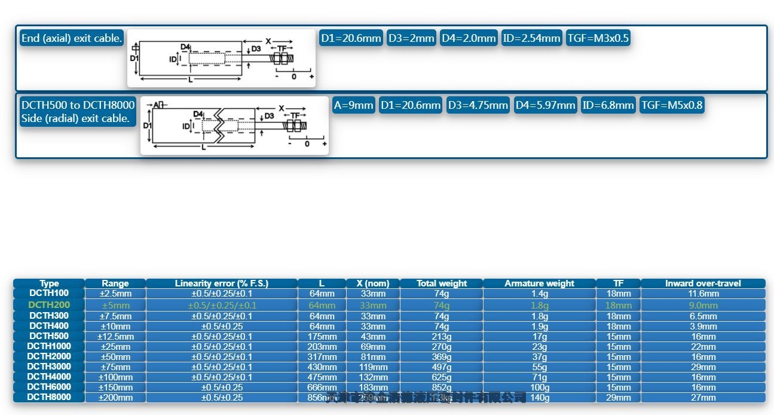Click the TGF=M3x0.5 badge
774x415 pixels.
[x=598, y=38]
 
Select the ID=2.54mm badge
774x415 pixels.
[x=531, y=38]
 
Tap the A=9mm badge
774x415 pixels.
[x=354, y=105]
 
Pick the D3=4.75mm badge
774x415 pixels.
[x=477, y=105]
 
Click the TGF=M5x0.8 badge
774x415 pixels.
[x=672, y=105]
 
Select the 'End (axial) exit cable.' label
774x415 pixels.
[x=72, y=38]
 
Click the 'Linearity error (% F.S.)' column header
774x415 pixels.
[x=221, y=283]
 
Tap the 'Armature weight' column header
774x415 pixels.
[x=539, y=283]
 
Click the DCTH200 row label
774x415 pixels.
[x=49, y=305]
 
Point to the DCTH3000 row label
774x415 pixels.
[x=49, y=367]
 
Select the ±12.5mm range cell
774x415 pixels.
[x=115, y=337]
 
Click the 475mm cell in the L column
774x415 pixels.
[x=322, y=377]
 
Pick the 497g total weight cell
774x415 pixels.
[x=441, y=367]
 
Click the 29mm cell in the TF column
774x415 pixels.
[x=618, y=398]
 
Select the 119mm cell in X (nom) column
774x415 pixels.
[x=373, y=367]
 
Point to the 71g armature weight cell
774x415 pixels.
[x=539, y=377]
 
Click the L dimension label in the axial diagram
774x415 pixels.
[x=190, y=79]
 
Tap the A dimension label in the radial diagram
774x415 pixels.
[x=156, y=105]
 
